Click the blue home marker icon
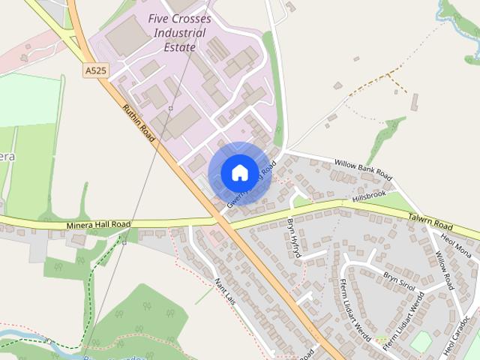tap(239, 172)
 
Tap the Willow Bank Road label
tap(363, 168)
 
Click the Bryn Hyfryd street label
tap(293, 238)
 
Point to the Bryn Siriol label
tap(400, 277)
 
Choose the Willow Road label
tap(445, 272)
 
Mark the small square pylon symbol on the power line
tap(171, 109)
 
